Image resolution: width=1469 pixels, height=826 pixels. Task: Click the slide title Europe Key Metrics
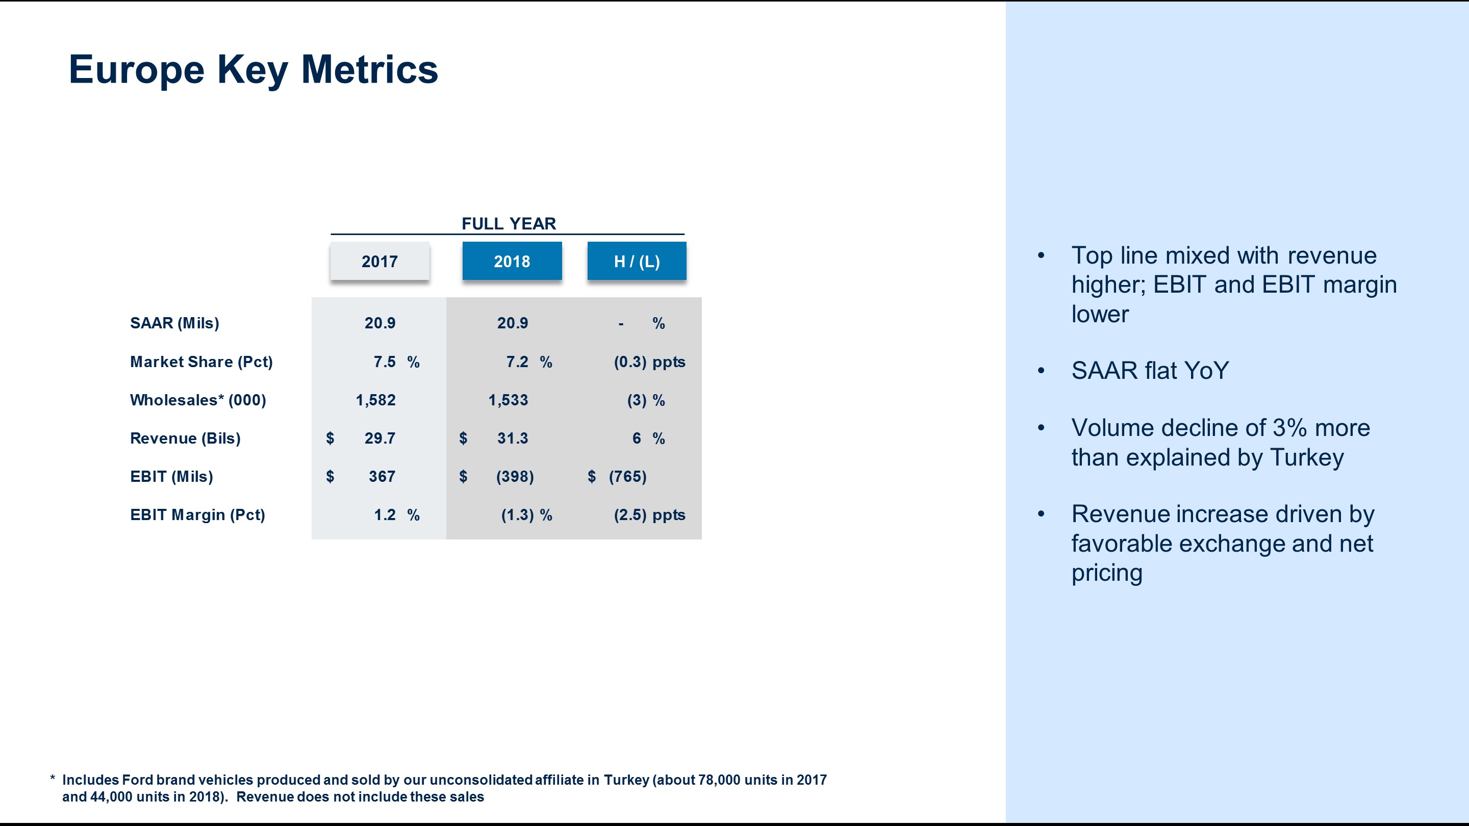click(x=253, y=69)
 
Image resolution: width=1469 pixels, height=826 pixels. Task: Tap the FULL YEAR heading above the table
click(x=508, y=223)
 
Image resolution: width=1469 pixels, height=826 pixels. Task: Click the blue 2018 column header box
click(x=512, y=261)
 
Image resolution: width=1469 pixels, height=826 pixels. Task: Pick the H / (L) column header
click(x=637, y=261)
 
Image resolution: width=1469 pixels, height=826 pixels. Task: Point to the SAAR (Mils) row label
click(x=174, y=323)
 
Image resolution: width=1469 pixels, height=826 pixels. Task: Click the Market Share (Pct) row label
click(x=201, y=362)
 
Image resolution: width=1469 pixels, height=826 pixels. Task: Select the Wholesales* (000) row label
click(x=198, y=400)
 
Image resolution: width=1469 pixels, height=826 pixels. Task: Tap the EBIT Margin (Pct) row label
click(x=197, y=515)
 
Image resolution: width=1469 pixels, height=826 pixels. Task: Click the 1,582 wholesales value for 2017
click(x=375, y=400)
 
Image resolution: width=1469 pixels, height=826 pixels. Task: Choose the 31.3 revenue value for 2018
click(x=512, y=438)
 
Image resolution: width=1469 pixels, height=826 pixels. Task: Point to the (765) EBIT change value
click(x=627, y=477)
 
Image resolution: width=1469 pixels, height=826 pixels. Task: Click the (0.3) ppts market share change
click(x=649, y=362)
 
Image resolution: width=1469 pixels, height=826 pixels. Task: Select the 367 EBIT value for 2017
click(x=382, y=477)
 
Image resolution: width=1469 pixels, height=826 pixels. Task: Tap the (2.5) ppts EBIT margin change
click(x=649, y=515)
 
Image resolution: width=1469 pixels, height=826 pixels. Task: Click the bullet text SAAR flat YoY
click(x=1150, y=371)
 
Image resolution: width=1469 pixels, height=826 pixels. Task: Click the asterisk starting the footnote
click(x=53, y=779)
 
